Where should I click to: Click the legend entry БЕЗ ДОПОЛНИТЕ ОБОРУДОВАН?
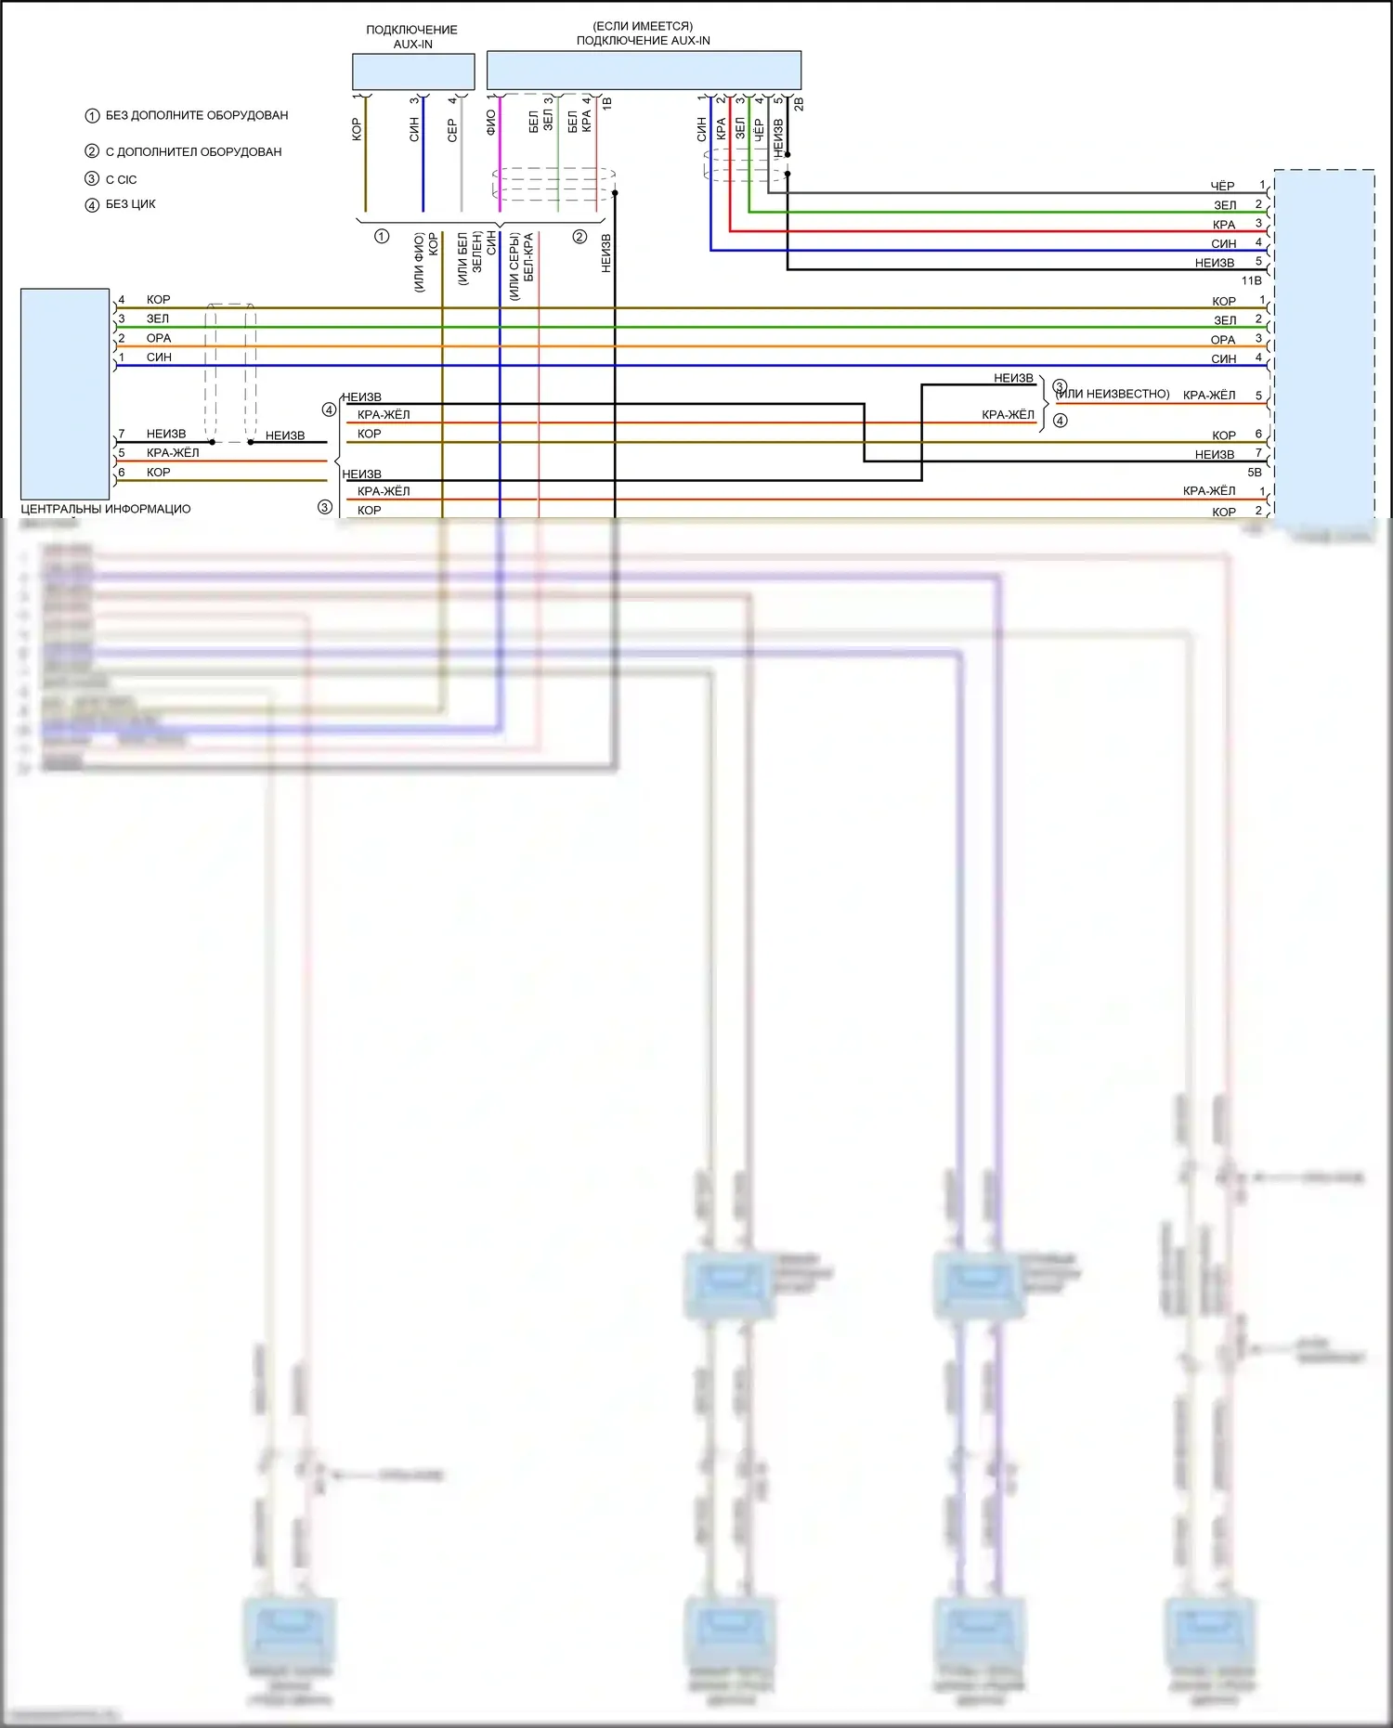coord(196,115)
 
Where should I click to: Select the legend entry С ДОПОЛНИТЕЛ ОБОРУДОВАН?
coord(193,151)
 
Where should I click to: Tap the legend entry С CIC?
coord(121,179)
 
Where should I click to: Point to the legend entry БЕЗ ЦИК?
coord(130,204)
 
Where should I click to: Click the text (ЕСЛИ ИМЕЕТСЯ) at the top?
coord(643,26)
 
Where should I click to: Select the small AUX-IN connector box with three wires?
coord(413,71)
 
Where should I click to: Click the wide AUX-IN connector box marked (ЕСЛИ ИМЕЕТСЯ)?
coord(644,71)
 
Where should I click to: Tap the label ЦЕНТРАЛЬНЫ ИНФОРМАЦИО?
coord(106,509)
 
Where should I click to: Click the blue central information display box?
coord(65,394)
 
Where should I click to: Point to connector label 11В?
coord(1251,280)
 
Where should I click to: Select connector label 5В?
coord(1254,473)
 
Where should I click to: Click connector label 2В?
coord(799,104)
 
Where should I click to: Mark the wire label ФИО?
coord(490,123)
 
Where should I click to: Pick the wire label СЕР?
coord(452,130)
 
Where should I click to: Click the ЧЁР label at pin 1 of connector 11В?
coord(1222,187)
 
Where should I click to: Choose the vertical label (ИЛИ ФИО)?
coord(419,263)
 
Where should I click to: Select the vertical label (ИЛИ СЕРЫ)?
coord(514,266)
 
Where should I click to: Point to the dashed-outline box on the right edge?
coord(1324,344)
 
